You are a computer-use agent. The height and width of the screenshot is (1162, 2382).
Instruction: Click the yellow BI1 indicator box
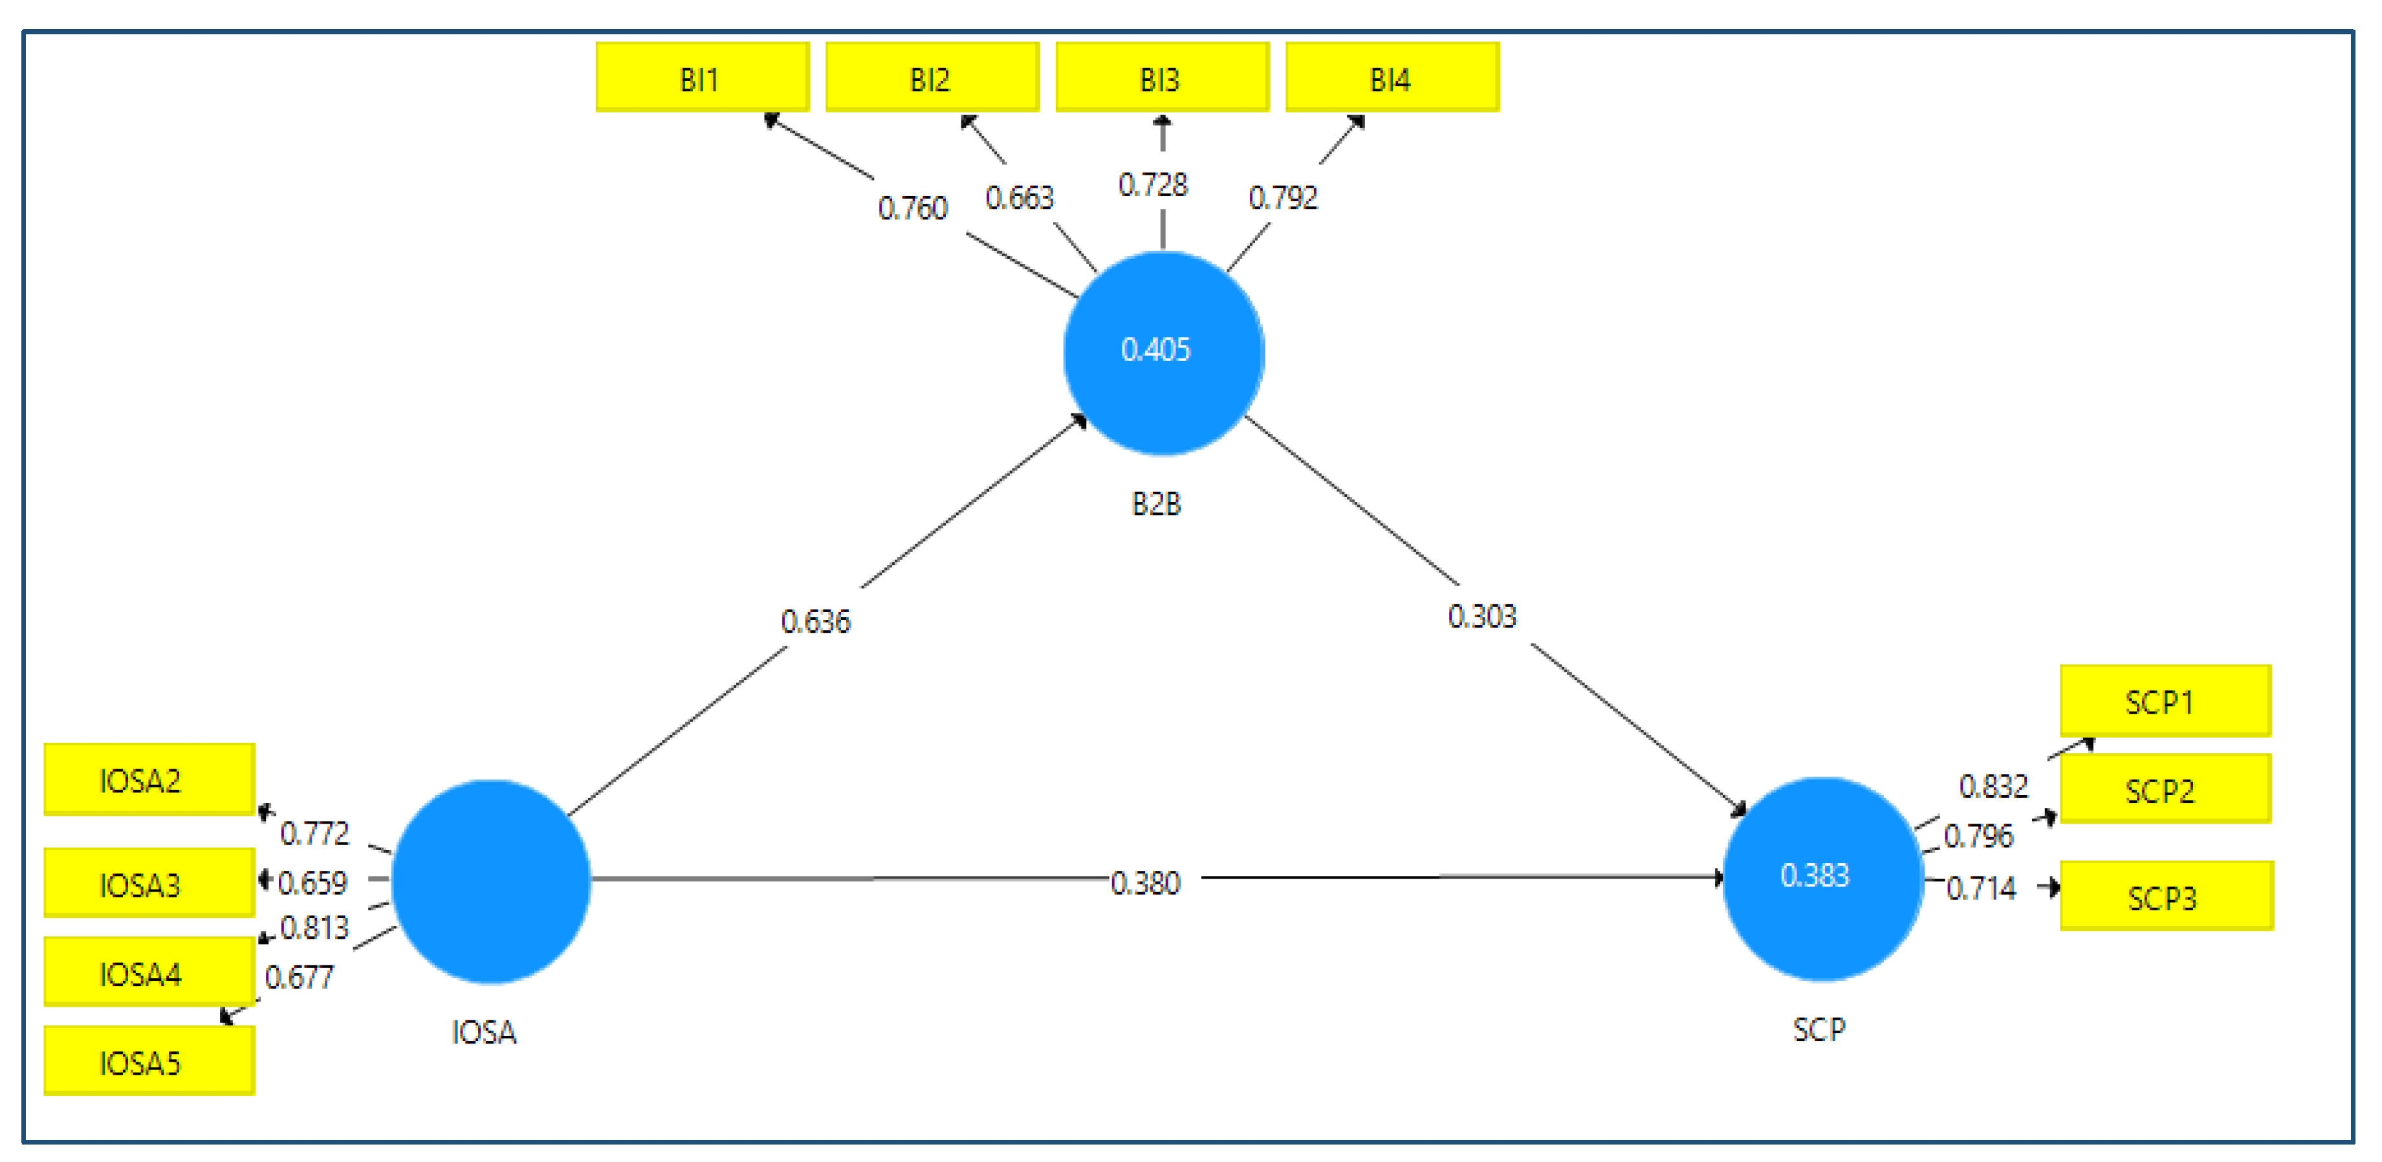pyautogui.click(x=702, y=78)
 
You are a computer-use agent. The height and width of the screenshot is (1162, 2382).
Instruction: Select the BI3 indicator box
pyautogui.click(x=1161, y=78)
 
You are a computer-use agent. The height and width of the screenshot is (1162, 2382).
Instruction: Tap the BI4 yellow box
pyautogui.click(x=1392, y=78)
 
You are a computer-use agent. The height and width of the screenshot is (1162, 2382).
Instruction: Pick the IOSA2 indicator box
pyautogui.click(x=149, y=779)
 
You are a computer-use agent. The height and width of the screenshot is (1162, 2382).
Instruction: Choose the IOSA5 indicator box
pyautogui.click(x=149, y=1061)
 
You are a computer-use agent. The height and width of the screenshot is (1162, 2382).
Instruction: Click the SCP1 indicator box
pyautogui.click(x=2165, y=701)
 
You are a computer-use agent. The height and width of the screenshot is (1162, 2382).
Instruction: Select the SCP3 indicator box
pyautogui.click(x=2166, y=896)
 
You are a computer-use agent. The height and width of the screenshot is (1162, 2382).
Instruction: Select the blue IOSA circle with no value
pyautogui.click(x=491, y=881)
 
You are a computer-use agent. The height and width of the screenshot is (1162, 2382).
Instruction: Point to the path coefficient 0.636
pyautogui.click(x=814, y=621)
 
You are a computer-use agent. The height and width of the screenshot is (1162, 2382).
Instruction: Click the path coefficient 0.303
pyautogui.click(x=1481, y=616)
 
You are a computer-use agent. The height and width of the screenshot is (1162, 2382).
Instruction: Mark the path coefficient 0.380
pyautogui.click(x=1145, y=883)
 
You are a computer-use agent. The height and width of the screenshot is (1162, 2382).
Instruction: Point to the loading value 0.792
pyautogui.click(x=1283, y=197)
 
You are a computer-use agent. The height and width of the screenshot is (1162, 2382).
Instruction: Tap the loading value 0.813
pyautogui.click(x=314, y=927)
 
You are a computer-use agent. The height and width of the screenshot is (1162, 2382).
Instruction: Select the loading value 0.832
pyautogui.click(x=1993, y=785)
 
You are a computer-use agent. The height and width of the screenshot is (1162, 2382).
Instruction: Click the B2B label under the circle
pyautogui.click(x=1156, y=504)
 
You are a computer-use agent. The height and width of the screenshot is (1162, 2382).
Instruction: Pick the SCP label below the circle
pyautogui.click(x=1818, y=1029)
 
